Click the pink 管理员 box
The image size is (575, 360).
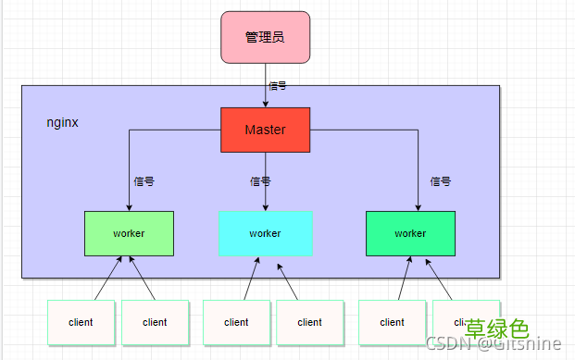265,37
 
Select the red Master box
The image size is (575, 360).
265,130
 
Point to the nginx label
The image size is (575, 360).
62,122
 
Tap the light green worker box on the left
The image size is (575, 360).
129,233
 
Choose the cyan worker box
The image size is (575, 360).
265,233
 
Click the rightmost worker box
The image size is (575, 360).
410,233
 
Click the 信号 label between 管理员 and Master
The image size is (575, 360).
277,85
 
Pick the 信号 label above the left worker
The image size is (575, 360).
144,181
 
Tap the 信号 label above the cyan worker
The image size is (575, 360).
260,181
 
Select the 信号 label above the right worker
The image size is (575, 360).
440,181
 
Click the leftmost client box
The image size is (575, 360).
81,322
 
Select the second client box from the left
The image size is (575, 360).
155,322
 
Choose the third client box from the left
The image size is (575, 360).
236,322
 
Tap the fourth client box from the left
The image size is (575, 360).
310,322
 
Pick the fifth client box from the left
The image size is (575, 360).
392,322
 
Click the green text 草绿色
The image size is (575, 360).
496,329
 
